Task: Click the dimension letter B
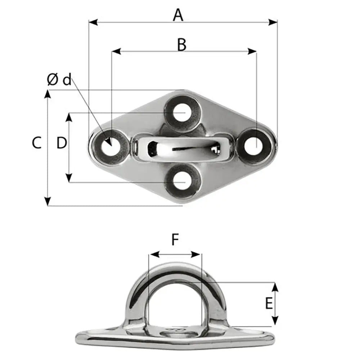point(182,45)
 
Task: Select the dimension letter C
point(37,143)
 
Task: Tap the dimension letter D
point(62,143)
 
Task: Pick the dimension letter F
point(175,240)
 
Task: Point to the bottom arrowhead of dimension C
point(48,202)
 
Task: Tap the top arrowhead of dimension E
point(275,287)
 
